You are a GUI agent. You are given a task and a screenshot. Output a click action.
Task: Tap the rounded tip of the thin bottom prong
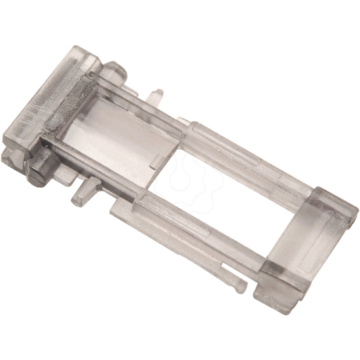coord(241,286)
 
